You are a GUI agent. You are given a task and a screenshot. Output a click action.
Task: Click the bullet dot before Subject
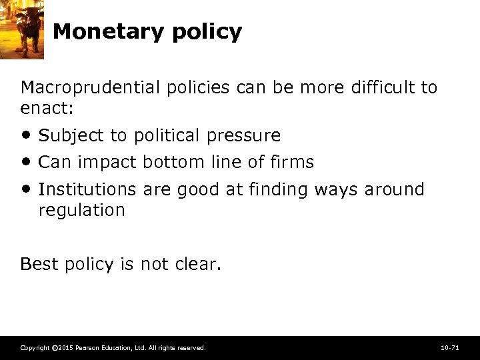click(x=26, y=135)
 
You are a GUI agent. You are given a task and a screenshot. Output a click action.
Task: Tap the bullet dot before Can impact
click(x=26, y=162)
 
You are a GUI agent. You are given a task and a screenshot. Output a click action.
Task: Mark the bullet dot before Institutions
click(x=26, y=189)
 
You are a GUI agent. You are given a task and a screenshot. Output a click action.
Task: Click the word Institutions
click(x=87, y=189)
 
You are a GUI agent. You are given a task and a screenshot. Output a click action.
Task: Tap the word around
click(x=394, y=189)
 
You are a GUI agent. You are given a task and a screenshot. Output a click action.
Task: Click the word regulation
click(x=81, y=210)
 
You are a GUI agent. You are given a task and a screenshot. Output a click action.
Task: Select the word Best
click(x=39, y=264)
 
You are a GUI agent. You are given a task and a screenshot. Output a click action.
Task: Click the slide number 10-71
click(x=450, y=348)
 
